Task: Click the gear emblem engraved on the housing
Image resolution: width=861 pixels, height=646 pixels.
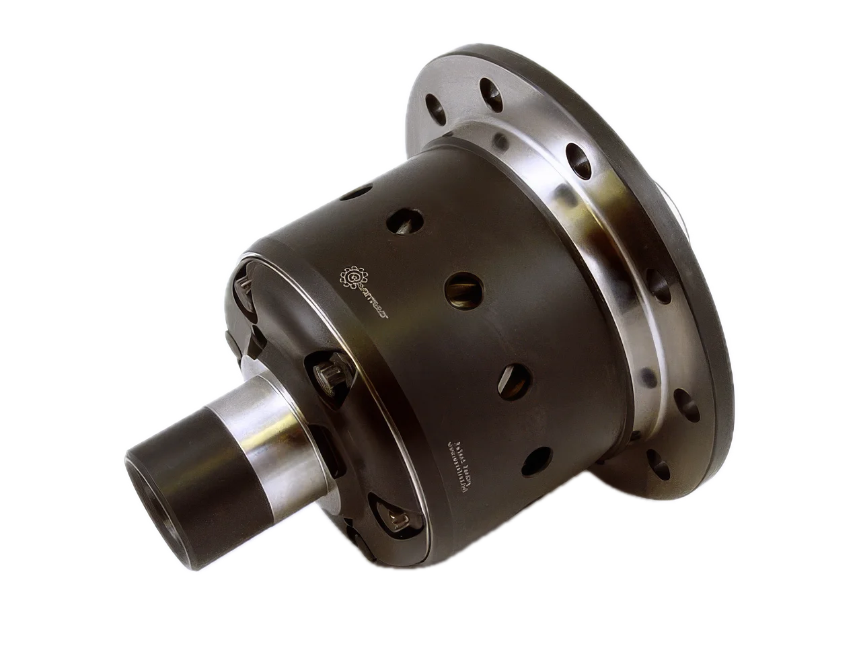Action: coord(354,276)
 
